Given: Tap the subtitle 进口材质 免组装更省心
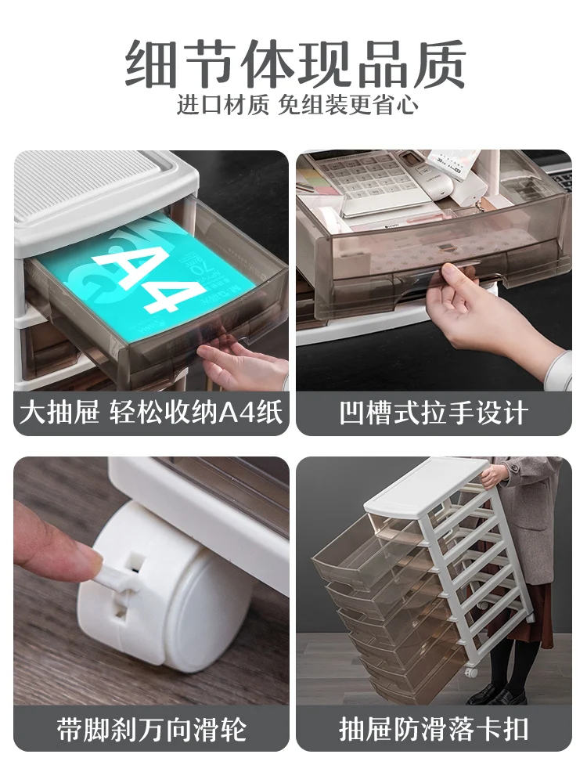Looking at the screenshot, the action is click(297, 105).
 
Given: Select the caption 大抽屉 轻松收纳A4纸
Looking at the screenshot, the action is click(151, 413).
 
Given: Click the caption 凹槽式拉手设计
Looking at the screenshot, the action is click(434, 413).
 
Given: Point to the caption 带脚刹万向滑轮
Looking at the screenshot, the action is click(151, 730).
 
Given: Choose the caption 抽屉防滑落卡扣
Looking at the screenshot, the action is click(434, 730).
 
